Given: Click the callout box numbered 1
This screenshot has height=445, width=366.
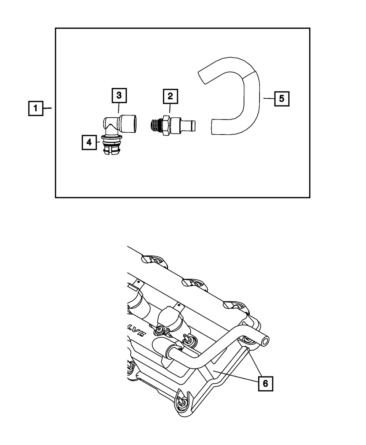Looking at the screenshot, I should tap(36, 108).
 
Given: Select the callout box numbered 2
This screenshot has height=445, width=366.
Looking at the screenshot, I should tap(170, 96).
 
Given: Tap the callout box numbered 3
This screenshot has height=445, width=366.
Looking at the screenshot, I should tap(119, 95).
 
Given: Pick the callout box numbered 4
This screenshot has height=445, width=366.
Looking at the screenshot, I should tap(89, 142).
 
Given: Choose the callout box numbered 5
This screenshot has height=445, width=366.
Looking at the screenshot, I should tap(281, 98).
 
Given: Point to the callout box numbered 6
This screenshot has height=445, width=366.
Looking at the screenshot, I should tap(265, 383).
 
